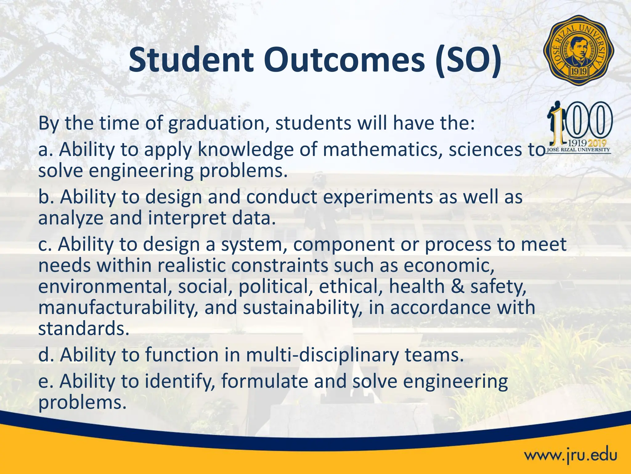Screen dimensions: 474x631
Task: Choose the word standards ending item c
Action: (83, 329)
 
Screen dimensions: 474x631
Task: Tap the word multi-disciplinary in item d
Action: (322, 355)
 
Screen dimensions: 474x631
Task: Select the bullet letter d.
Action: (44, 355)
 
